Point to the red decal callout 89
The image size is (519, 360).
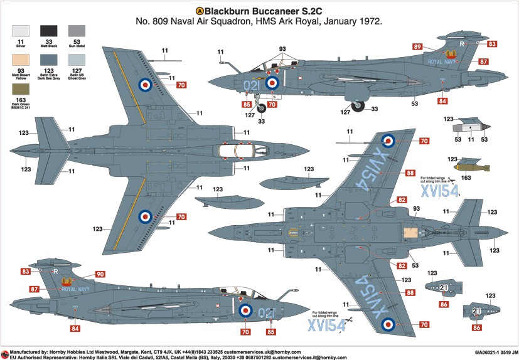(417, 46)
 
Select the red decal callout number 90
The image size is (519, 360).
(100, 274)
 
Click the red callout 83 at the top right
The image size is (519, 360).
(492, 44)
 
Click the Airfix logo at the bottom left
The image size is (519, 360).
(5, 353)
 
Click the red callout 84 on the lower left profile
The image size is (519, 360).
(75, 328)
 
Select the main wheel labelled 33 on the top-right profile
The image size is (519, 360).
(358, 107)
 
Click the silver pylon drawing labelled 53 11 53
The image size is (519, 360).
(471, 125)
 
